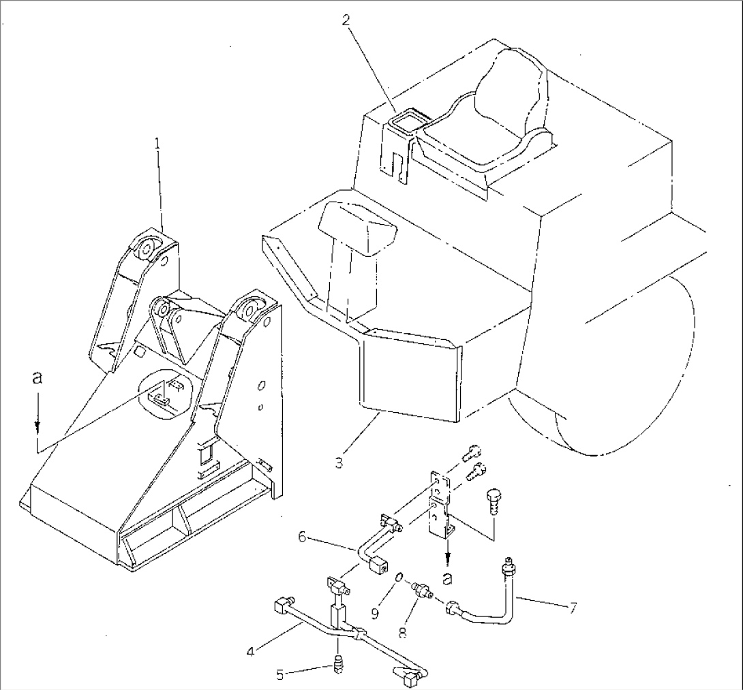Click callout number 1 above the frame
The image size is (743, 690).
tap(157, 144)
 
